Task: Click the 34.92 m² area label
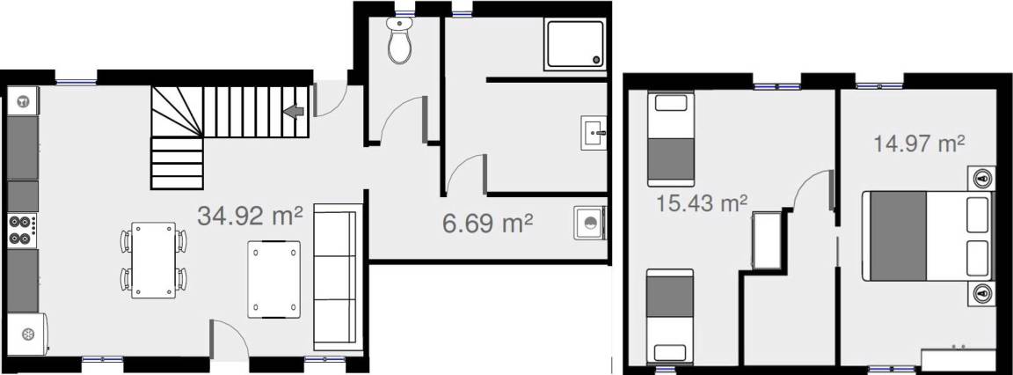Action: [x=250, y=216]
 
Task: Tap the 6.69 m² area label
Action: [x=488, y=224]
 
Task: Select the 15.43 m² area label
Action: [x=703, y=203]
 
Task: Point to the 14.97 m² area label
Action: [x=919, y=143]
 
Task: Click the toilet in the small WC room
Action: [x=399, y=40]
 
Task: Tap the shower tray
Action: [x=575, y=44]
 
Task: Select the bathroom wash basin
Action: [x=594, y=133]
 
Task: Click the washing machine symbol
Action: [x=590, y=223]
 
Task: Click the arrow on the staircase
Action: [x=294, y=111]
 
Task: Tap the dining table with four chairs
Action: [x=154, y=260]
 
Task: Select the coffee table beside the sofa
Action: [x=274, y=279]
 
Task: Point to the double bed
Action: [x=927, y=235]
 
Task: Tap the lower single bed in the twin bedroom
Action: [x=671, y=315]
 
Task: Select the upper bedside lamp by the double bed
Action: [x=981, y=178]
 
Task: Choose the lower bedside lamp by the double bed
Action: [x=981, y=293]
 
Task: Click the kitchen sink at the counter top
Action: [x=23, y=101]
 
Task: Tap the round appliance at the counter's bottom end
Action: [x=28, y=335]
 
